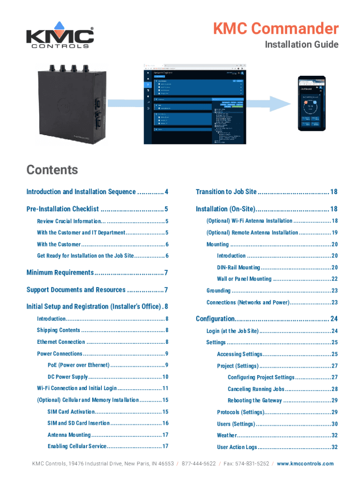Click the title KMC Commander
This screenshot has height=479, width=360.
(276, 29)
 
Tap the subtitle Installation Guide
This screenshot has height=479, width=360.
(301, 45)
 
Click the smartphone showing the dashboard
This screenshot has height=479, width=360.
(312, 103)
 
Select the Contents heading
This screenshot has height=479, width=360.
(52, 169)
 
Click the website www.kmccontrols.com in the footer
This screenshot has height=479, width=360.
(305, 464)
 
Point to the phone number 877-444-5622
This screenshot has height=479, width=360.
(199, 464)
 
